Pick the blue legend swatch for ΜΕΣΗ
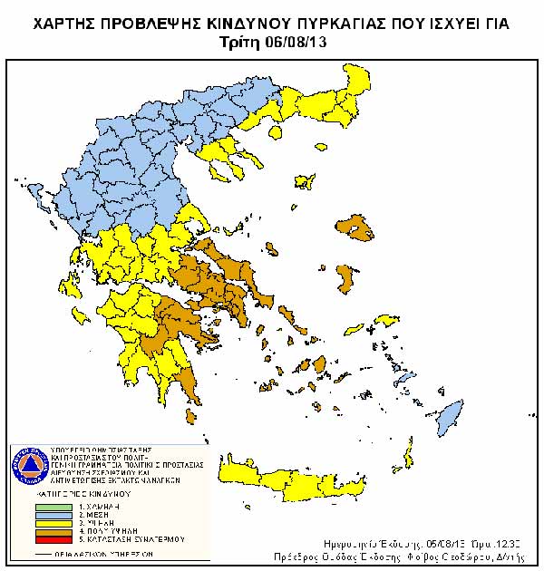tap(53, 514)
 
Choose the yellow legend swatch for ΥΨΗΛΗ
tap(53, 522)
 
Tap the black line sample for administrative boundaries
tap(53, 552)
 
